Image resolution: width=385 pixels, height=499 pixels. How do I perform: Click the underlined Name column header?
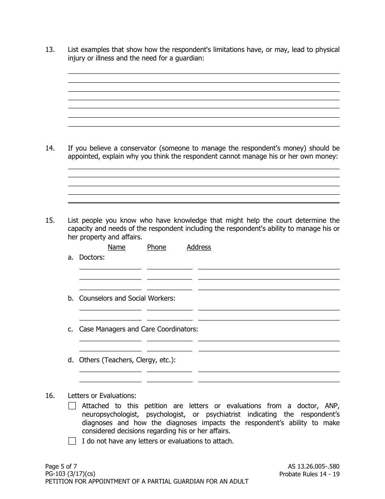(x=116, y=247)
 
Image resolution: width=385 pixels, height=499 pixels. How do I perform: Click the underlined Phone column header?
(x=156, y=247)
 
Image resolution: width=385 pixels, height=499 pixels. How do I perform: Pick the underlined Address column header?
(x=199, y=247)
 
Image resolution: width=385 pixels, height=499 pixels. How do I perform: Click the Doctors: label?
(x=92, y=257)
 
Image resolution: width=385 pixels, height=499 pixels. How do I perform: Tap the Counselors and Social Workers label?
(x=127, y=299)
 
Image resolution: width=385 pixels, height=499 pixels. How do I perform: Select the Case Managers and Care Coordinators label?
(x=138, y=329)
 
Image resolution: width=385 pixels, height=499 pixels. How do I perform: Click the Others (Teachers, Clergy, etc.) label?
(x=127, y=360)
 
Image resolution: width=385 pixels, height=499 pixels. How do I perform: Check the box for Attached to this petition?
(x=72, y=406)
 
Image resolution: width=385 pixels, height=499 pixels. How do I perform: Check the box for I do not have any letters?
(x=72, y=441)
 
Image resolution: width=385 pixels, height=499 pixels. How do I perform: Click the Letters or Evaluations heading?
(x=102, y=396)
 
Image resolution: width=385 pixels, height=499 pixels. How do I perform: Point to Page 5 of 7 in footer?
(x=61, y=467)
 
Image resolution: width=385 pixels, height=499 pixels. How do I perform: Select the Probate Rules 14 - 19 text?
(x=309, y=474)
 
